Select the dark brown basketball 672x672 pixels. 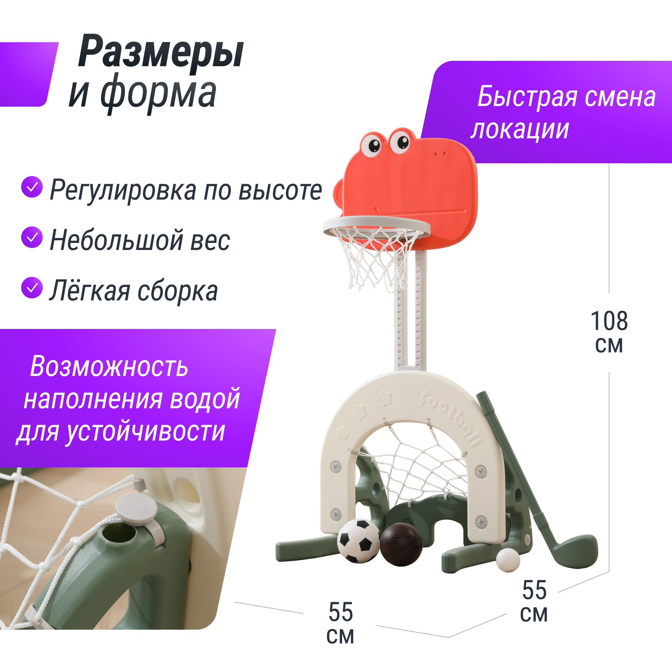pos(401,544)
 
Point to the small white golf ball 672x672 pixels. pos(508,560)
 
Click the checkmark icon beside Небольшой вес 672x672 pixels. pos(32,237)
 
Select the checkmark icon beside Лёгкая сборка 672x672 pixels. pos(32,288)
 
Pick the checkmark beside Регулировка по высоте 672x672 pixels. pos(32,187)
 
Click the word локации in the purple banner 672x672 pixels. pos(520,130)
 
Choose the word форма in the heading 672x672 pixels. pos(159,93)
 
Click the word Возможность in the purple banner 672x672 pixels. pos(109,367)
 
